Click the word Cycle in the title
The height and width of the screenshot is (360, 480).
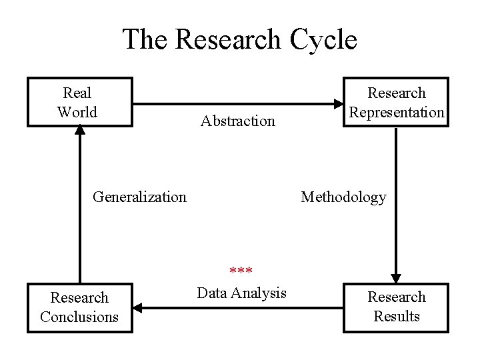pyautogui.click(x=324, y=40)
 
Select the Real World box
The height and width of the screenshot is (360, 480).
pyautogui.click(x=79, y=102)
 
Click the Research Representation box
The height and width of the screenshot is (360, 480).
pyautogui.click(x=396, y=102)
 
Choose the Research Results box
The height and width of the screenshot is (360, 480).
pyautogui.click(x=396, y=307)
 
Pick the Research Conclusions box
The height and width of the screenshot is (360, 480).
pyautogui.click(x=79, y=307)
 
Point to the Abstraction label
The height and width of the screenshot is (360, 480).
pyautogui.click(x=238, y=121)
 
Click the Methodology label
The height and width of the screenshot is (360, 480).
pyautogui.click(x=343, y=197)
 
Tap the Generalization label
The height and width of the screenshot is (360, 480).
pyautogui.click(x=139, y=197)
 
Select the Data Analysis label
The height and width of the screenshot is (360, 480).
pyautogui.click(x=242, y=293)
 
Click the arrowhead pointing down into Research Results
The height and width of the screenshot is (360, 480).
pyautogui.click(x=396, y=278)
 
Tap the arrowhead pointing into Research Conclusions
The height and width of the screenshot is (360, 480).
pyautogui.click(x=138, y=307)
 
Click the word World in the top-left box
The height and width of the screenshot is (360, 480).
pyautogui.click(x=77, y=112)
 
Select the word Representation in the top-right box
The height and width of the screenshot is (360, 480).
pyautogui.click(x=397, y=112)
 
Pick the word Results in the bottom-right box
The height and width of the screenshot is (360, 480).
pyautogui.click(x=397, y=316)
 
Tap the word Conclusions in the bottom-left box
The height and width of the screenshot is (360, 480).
pyautogui.click(x=79, y=316)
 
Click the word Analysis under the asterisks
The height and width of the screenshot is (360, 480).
pyautogui.click(x=260, y=293)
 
